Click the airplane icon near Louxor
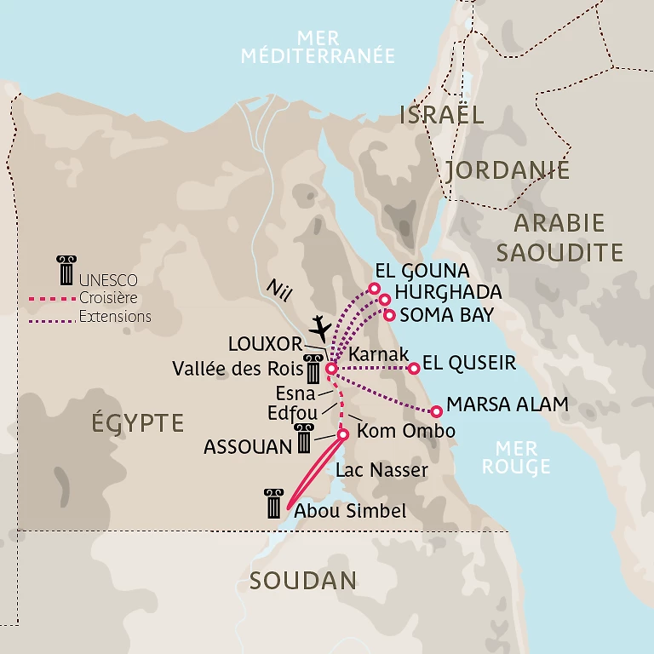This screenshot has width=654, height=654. pos(319,326)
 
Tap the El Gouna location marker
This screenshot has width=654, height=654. pos(373,289)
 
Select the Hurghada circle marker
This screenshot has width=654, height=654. pos(384,300)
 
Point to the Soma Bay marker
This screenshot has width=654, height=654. pos(389,315)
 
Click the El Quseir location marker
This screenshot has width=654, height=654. pos(414,368)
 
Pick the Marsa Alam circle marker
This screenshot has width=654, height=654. pos(436,410)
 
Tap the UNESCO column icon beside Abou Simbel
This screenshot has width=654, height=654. pos(273,503)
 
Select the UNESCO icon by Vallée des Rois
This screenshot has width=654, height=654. pos(314,369)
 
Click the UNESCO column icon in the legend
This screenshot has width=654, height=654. pos(65,269)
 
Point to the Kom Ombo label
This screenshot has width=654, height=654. pos(405,431)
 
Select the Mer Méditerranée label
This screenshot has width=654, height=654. pos(318,48)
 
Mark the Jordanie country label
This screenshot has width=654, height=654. pos(507,170)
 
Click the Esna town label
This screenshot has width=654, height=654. pos(295,394)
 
